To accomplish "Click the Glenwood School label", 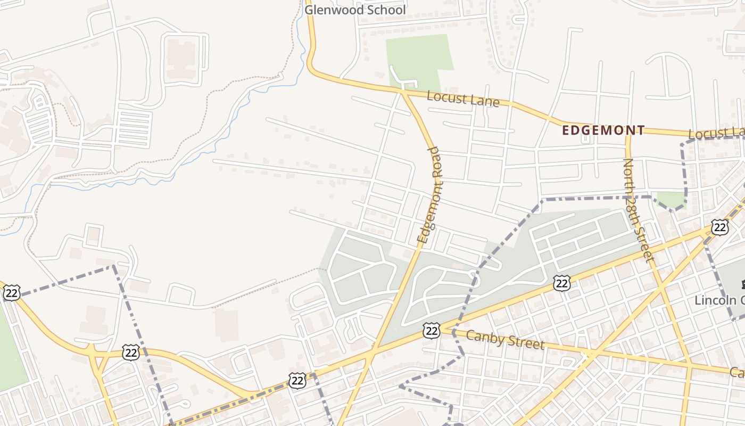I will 355,10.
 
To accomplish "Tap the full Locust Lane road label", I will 463,99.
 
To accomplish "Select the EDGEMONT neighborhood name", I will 604,130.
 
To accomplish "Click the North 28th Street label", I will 637,210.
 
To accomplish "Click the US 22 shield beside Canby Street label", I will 432,330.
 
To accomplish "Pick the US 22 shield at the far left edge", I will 11,292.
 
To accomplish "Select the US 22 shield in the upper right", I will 720,227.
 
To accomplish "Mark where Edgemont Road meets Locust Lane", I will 404,92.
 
